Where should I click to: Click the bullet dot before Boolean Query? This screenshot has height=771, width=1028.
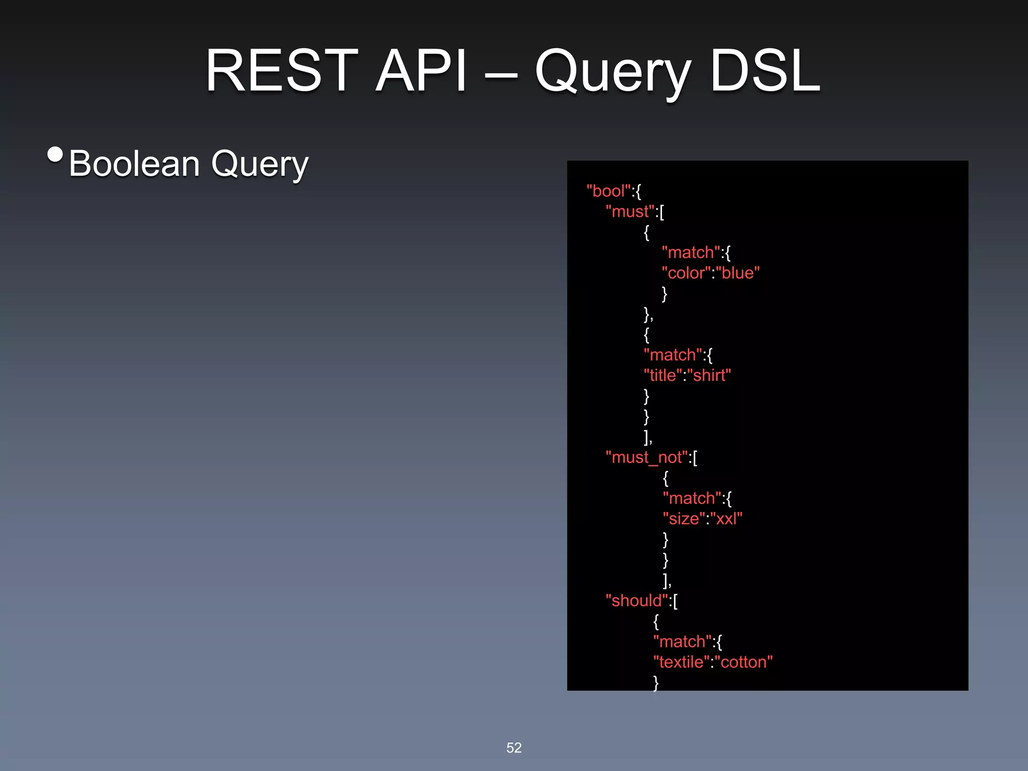[x=55, y=154]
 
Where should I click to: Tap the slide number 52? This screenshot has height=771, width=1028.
[x=514, y=748]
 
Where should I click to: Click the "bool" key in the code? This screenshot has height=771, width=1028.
[x=608, y=191]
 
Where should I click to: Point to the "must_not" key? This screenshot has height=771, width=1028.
[x=647, y=457]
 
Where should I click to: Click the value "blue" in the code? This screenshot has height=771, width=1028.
[x=738, y=273]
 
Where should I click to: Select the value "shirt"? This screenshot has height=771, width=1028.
[x=709, y=375]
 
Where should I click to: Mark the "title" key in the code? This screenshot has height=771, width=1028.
[x=663, y=375]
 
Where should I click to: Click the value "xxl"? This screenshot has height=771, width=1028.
[x=726, y=519]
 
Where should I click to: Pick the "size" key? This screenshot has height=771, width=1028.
[x=684, y=519]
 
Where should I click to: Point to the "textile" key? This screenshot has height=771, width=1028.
[x=681, y=662]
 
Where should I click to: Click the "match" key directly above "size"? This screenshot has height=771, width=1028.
[x=692, y=498]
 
